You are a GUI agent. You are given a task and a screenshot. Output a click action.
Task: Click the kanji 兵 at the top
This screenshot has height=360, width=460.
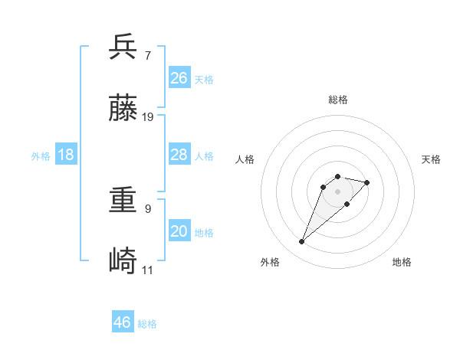point(123,47)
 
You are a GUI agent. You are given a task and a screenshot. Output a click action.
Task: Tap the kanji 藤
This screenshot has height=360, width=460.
point(123,109)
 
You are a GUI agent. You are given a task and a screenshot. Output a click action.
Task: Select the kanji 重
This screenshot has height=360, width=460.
point(123,201)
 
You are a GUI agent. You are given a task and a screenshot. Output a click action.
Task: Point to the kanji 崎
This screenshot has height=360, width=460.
point(123,262)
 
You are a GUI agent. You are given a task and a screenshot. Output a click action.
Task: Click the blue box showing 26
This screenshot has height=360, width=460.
point(179,77)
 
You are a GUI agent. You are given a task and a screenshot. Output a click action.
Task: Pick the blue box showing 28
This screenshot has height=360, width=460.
point(179,155)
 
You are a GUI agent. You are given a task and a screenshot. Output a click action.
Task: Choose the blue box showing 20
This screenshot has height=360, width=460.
point(179,231)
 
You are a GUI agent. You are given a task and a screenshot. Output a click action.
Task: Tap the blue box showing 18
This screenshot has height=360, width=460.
point(66,155)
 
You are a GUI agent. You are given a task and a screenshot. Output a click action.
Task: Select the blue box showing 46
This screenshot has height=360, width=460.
point(123,322)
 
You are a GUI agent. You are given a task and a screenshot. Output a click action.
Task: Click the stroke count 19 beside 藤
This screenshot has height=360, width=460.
point(148,117)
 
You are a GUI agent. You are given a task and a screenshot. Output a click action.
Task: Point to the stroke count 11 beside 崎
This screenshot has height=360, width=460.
point(148,270)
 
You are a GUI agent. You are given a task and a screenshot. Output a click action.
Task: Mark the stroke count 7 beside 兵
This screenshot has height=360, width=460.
point(147,55)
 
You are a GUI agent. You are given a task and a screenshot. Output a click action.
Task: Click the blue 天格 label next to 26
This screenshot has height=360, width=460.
point(204,79)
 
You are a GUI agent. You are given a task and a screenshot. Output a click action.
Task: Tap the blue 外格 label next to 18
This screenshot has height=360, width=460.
point(41,156)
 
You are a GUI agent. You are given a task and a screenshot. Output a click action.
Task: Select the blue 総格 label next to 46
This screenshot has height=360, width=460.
point(147,324)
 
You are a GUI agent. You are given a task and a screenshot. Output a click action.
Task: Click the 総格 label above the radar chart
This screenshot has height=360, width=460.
point(338,100)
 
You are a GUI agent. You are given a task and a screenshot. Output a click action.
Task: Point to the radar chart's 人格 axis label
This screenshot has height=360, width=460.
point(245,159)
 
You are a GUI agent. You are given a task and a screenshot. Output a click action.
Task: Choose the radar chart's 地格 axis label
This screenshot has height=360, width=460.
point(402,262)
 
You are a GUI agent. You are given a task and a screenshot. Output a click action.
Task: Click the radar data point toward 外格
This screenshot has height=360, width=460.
point(302,242)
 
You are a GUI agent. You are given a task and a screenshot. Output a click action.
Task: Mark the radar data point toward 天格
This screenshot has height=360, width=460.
point(367,182)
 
